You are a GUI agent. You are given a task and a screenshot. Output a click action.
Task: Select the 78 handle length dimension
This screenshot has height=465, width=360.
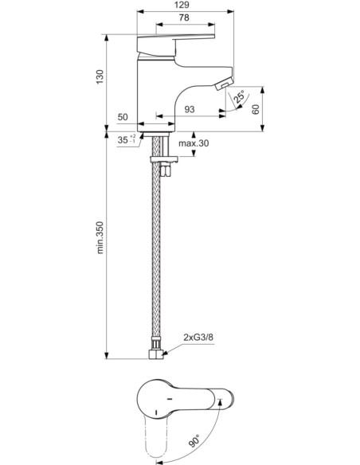point(184,18)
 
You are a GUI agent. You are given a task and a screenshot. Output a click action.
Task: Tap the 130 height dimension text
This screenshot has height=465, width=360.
point(100,76)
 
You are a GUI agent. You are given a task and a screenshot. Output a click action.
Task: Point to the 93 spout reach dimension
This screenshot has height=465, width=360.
point(190,109)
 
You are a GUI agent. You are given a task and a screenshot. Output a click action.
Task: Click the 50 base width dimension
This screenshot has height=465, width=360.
point(123,117)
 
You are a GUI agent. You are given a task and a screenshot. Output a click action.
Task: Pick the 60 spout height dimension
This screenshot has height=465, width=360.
point(256,109)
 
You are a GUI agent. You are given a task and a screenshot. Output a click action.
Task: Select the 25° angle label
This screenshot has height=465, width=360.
point(239,97)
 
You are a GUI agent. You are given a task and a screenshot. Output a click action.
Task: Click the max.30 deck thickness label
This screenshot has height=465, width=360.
point(194,143)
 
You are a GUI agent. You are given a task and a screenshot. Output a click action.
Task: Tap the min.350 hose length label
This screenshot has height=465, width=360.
point(100,237)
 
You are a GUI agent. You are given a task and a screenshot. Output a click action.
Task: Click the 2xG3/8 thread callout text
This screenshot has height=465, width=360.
point(198,337)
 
